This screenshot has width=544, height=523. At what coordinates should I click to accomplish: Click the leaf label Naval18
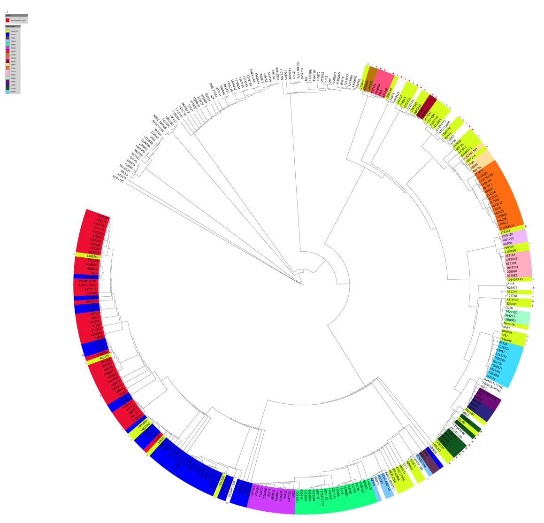pos(509,324)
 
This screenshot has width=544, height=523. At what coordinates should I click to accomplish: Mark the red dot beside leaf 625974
pos(533,288)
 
